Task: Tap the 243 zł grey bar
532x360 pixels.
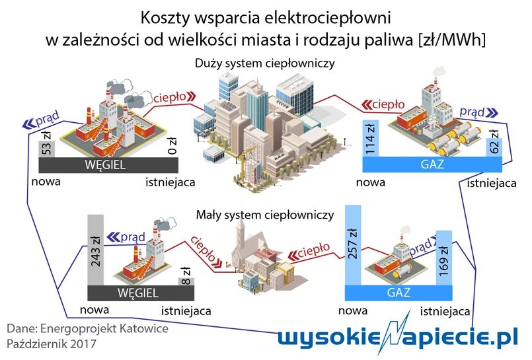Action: (x=97, y=251)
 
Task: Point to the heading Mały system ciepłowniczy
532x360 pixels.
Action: (x=265, y=215)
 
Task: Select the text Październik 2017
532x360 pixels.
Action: (x=52, y=344)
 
